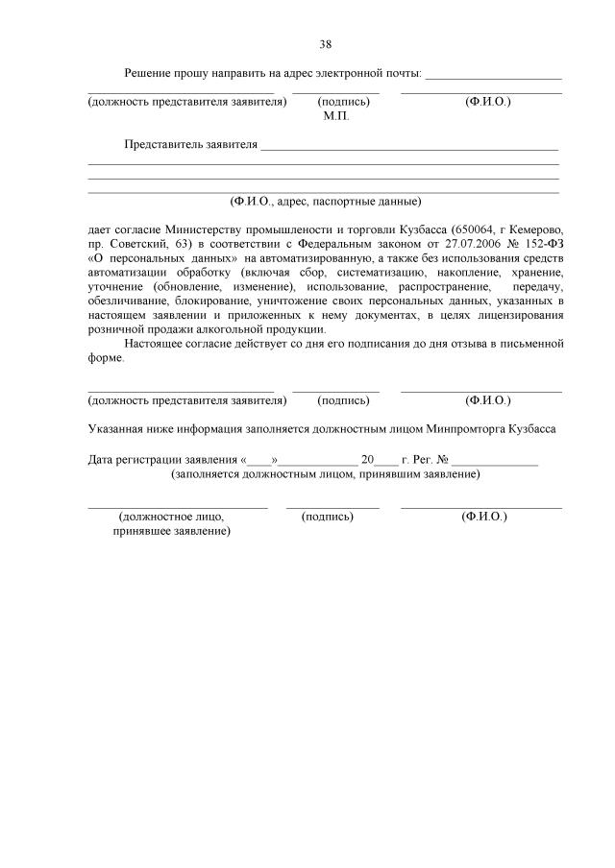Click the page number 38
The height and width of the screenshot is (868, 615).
tap(325, 44)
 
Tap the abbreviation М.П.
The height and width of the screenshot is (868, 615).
tap(336, 115)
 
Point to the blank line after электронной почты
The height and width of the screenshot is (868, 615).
tap(493, 75)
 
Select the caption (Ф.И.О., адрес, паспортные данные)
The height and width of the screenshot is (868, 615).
tap(325, 202)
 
